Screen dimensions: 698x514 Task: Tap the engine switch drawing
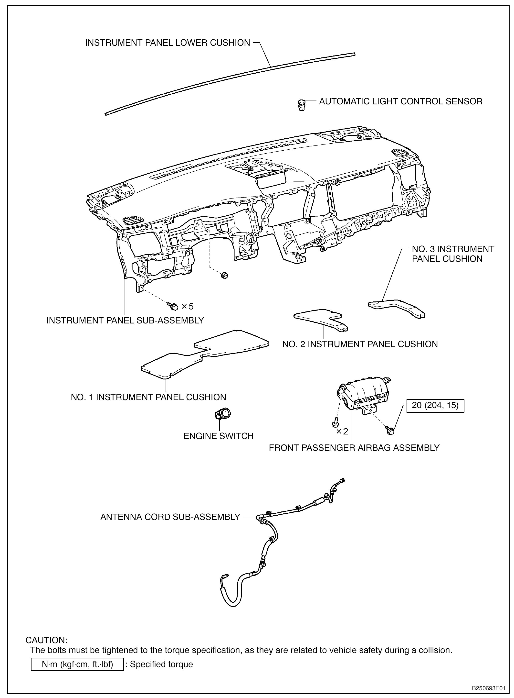[222, 414]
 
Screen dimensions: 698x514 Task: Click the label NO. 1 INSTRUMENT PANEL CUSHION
[148, 397]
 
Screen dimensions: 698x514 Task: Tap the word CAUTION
[46, 640]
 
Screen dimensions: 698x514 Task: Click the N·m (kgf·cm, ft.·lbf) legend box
[77, 664]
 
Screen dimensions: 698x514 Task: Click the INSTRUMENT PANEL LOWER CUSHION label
[168, 43]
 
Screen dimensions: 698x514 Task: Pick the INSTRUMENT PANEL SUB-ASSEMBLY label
[125, 320]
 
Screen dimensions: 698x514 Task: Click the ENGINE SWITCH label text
[218, 436]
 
